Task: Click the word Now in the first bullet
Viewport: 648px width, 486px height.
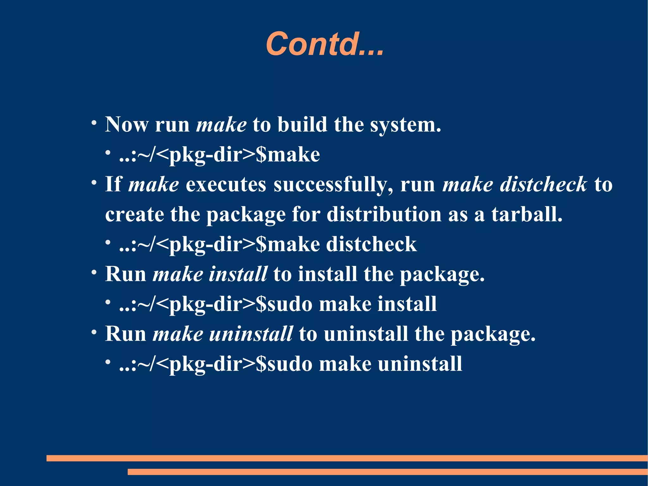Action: point(127,124)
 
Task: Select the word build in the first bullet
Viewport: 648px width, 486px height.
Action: point(302,124)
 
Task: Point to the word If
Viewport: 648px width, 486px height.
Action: point(113,184)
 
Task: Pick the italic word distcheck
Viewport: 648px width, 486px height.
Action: point(543,184)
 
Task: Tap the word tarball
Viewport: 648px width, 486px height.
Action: point(526,214)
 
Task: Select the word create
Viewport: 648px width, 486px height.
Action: point(134,214)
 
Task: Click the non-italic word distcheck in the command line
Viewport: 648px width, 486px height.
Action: point(371,244)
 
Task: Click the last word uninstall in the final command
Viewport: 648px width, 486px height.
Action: point(420,364)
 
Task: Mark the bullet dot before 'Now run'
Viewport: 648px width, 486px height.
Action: point(94,123)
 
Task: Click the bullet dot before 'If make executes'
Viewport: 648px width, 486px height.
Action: point(94,182)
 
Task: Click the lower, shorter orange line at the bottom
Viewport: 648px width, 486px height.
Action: point(387,472)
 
